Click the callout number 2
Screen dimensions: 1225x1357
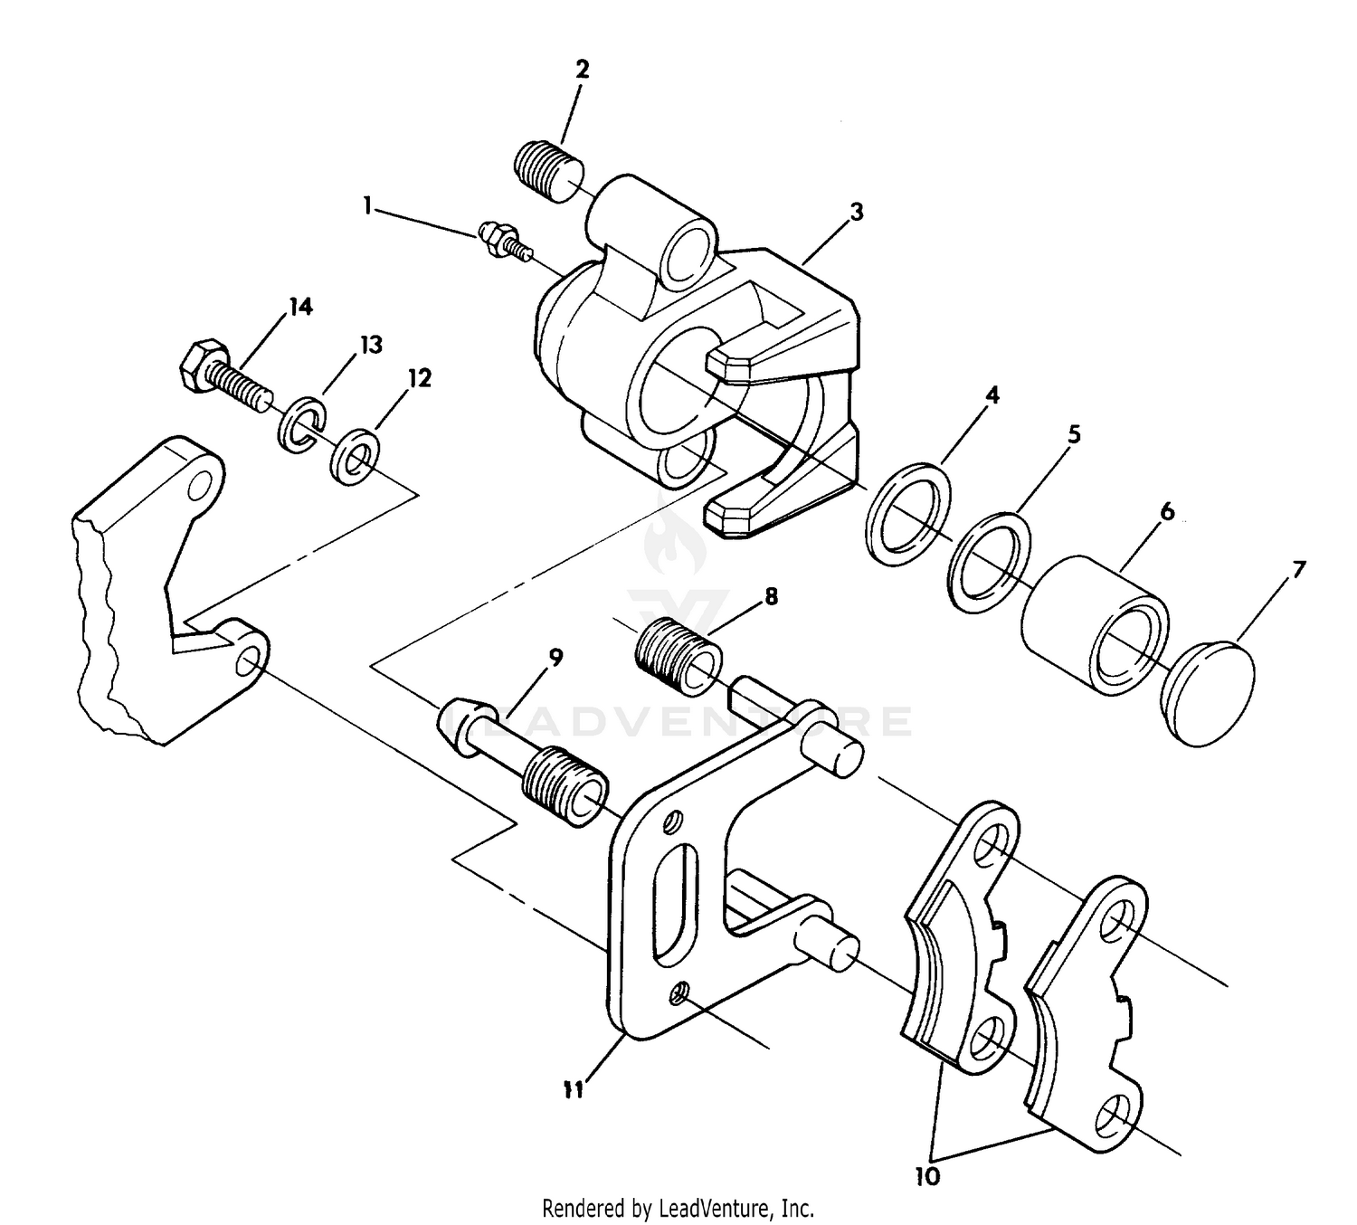click(581, 69)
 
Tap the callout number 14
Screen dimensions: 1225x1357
click(300, 308)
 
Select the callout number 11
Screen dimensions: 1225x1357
click(572, 1090)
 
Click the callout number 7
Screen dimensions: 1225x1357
click(1298, 570)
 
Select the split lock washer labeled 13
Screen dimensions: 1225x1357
click(298, 423)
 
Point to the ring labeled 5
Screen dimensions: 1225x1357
click(991, 557)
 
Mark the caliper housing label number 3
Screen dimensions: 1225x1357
click(856, 213)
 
